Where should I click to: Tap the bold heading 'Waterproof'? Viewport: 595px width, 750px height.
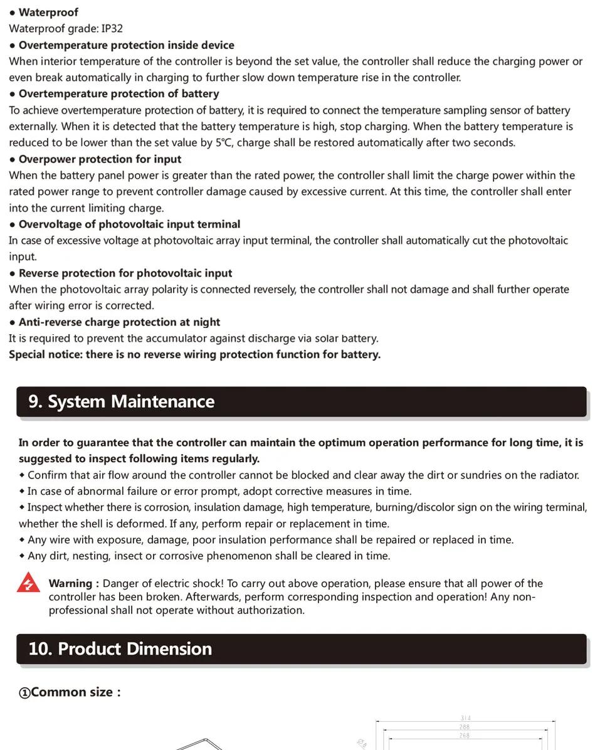48,13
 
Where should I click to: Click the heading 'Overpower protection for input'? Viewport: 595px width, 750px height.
100,159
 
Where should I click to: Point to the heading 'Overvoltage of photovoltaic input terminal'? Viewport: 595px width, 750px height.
129,224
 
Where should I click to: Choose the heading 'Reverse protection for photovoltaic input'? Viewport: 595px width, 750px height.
125,273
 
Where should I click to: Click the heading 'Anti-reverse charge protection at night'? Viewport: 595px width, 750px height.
119,322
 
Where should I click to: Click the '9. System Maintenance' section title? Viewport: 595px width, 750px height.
121,402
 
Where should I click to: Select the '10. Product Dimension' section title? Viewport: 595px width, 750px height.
120,649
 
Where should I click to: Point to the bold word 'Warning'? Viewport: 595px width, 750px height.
71,584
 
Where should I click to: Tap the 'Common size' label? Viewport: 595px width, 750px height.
72,692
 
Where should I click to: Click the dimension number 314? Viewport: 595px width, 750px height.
465,719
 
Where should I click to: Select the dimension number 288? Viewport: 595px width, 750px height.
465,727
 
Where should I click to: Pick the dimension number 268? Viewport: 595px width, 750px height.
465,736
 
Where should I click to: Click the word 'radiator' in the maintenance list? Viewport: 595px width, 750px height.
557,475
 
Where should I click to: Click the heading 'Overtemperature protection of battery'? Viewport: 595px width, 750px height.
118,94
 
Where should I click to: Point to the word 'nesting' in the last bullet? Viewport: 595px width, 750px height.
95,556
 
